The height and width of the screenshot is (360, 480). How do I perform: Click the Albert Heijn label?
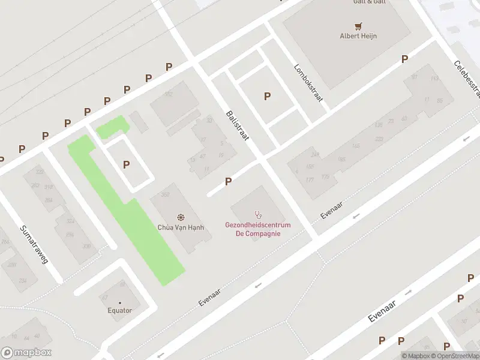click(358, 35)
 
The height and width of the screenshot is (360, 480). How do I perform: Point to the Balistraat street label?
click(238, 126)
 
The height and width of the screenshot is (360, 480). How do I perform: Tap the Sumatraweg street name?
click(34, 245)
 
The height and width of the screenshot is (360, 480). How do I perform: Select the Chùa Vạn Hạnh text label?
click(181, 227)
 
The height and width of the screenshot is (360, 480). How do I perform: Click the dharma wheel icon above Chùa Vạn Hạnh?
click(181, 217)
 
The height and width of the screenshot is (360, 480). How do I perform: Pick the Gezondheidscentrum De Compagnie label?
click(258, 229)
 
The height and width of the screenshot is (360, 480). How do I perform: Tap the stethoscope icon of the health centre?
click(259, 214)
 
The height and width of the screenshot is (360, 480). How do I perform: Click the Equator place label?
click(119, 310)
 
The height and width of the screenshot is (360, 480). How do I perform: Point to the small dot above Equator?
click(119, 302)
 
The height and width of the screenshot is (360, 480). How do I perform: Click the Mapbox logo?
click(26, 353)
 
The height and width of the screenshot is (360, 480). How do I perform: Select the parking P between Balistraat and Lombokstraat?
click(267, 96)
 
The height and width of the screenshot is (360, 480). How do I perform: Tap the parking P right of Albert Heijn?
click(404, 59)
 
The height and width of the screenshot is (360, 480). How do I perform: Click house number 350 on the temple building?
click(166, 194)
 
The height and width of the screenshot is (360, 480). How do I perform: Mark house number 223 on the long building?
click(379, 139)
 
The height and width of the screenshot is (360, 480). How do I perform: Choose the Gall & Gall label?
click(368, 2)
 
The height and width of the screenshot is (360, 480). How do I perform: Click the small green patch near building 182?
click(112, 127)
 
